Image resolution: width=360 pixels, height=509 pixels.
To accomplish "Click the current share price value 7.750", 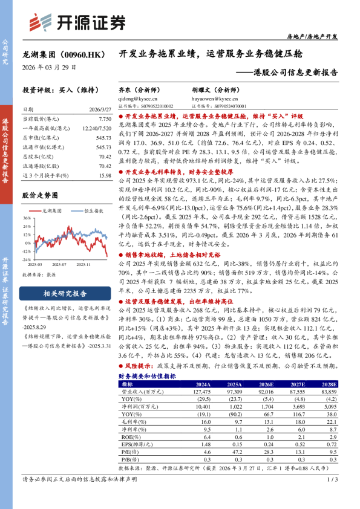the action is pyautogui.click(x=103, y=119).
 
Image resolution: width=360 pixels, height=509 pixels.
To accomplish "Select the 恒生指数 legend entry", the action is pyautogui.click(x=92, y=210).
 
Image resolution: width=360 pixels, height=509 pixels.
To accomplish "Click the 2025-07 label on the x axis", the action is pyautogui.click(x=59, y=264).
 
